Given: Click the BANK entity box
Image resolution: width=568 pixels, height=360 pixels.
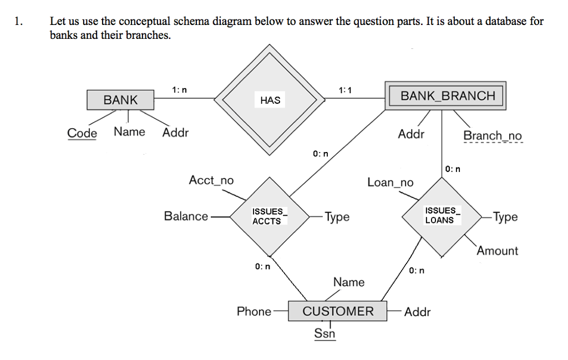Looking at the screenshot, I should pos(120,100).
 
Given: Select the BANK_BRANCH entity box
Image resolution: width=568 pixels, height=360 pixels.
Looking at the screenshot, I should pos(448,96).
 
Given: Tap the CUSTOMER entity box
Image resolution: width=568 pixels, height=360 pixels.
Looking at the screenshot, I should pos(338,311).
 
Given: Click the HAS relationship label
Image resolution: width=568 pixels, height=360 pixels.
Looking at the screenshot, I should pos(270,100).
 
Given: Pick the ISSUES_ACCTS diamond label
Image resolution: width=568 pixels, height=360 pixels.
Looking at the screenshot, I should pos(268,216).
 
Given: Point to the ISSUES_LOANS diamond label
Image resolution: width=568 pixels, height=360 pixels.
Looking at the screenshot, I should pos(440,215).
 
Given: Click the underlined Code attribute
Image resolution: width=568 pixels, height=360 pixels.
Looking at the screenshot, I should pos(82,133).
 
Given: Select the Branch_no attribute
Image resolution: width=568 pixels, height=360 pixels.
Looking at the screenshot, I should pos(492,136).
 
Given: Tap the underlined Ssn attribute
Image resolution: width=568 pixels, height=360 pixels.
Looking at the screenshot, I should pos(324,333).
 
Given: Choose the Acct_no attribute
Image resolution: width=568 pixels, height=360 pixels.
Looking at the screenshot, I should pos(211,180).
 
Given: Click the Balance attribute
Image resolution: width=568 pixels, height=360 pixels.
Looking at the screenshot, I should pos(186,216).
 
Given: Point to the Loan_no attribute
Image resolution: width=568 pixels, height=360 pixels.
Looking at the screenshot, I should pos(390,182).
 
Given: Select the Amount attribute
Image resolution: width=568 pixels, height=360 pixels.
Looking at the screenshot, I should pos(497,251).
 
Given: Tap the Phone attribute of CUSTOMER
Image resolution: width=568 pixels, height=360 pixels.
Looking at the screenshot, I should pos(254,312).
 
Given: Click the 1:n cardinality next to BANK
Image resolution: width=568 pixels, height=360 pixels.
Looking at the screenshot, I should pos(179,89).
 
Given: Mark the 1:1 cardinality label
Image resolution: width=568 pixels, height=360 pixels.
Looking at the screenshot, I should pos(344,90).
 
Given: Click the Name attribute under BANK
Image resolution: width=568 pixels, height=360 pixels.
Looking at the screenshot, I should pos(129,132).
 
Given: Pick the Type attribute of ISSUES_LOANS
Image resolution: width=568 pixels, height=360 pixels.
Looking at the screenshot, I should pos(505,217).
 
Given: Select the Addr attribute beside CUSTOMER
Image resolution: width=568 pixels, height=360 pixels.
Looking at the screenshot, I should pos(417,312).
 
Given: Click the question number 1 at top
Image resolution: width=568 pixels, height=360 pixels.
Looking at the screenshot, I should pos(19,22).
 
